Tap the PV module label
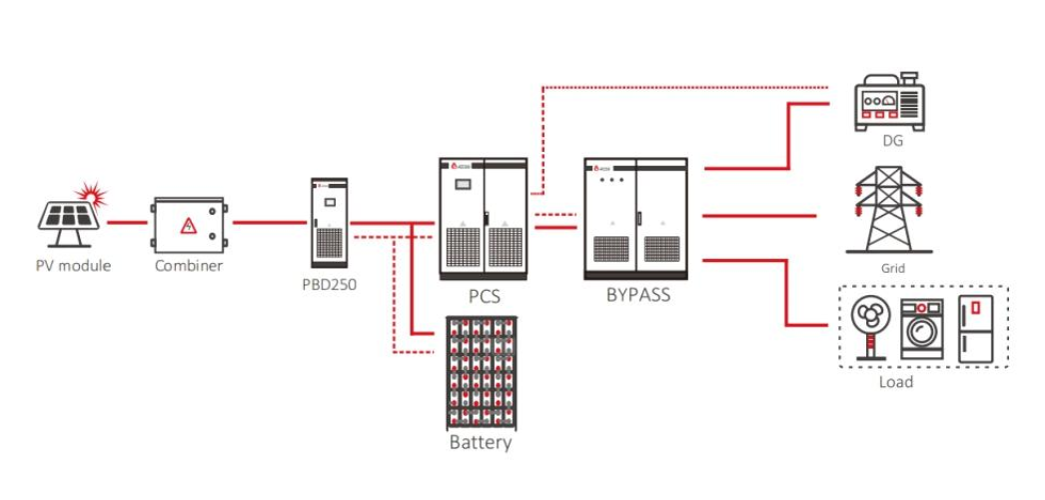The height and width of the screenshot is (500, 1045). click(x=73, y=266)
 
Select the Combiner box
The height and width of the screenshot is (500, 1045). click(x=189, y=224)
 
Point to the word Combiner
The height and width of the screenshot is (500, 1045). click(x=189, y=266)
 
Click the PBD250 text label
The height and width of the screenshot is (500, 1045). click(x=329, y=284)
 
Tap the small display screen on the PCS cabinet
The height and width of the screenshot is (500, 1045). click(x=463, y=184)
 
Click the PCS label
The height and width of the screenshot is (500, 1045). click(x=485, y=296)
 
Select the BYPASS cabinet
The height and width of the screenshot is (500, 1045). click(x=635, y=217)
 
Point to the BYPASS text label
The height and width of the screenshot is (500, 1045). click(x=637, y=295)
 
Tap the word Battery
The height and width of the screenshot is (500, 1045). click(x=481, y=442)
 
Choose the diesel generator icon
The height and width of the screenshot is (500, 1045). click(x=888, y=101)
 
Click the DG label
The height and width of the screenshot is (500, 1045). click(x=892, y=141)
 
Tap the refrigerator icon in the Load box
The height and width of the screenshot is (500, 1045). click(x=975, y=328)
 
